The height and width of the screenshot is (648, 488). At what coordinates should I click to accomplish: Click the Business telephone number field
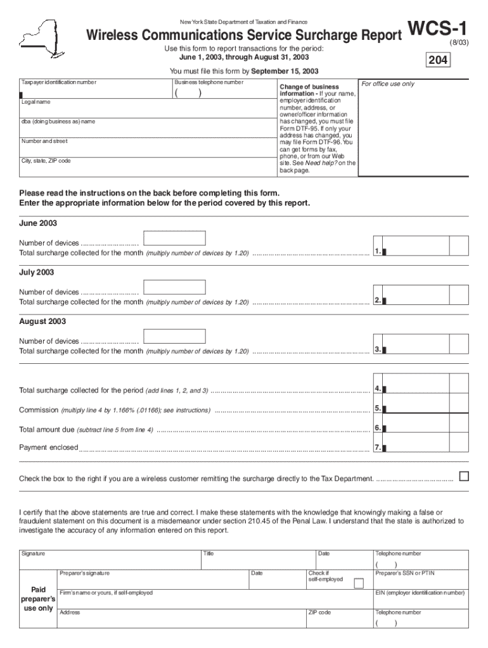pos(221,92)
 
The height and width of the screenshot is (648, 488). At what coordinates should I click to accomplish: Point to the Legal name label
pos(36,102)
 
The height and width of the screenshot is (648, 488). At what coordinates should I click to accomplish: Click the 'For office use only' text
pos(387,84)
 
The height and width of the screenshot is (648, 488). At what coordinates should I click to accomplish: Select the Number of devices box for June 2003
pos(174,238)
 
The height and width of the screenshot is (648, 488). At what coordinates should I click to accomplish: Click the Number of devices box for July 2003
pos(174,287)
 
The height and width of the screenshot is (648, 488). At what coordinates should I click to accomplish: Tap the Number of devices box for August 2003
pos(174,336)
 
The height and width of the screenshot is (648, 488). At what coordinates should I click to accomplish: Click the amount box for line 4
pos(416,389)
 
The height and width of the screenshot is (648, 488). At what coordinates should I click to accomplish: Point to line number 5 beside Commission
pos(377,408)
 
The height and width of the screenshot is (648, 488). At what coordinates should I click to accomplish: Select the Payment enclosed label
pos(48,447)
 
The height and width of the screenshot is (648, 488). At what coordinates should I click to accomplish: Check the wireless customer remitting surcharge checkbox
pos(463,476)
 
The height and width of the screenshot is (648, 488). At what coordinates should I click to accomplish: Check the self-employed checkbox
pos(359,583)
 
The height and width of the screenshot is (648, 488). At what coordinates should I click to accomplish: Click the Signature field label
pos(34,553)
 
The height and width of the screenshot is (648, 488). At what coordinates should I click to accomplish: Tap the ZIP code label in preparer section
pos(319,613)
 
